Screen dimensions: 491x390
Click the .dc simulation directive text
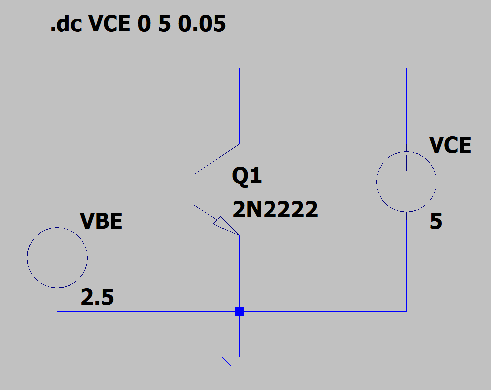[138, 23]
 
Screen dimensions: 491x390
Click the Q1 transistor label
[247, 176]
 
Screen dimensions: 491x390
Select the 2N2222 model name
[275, 209]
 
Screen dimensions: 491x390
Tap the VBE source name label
[101, 221]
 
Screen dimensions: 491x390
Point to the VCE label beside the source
[450, 145]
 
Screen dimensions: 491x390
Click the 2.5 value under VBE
[97, 297]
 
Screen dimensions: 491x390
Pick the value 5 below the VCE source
[436, 221]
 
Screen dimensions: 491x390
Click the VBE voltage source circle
[27, 258]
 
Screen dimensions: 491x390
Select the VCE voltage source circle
[377, 182]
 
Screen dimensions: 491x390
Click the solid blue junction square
[239, 311]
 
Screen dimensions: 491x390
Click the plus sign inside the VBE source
[57, 239]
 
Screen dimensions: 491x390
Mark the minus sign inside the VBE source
[57, 277]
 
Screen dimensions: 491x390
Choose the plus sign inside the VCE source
[406, 163]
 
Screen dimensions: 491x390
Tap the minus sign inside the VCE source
[406, 201]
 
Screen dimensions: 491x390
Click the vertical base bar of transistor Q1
[194, 190]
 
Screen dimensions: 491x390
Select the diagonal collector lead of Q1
[217, 159]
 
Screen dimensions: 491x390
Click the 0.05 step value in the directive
[202, 24]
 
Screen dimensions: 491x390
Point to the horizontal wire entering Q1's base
[125, 190]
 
